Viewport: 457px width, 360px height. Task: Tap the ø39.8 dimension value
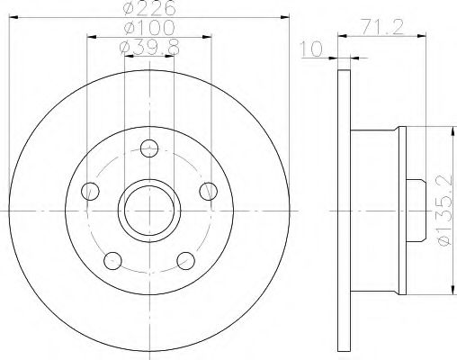tap(149, 47)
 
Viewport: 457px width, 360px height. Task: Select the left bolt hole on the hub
tap(90, 190)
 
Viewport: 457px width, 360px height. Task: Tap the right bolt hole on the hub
tap(209, 190)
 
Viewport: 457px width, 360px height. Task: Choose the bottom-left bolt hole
tap(113, 260)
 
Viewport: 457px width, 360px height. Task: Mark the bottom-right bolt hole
tap(186, 260)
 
